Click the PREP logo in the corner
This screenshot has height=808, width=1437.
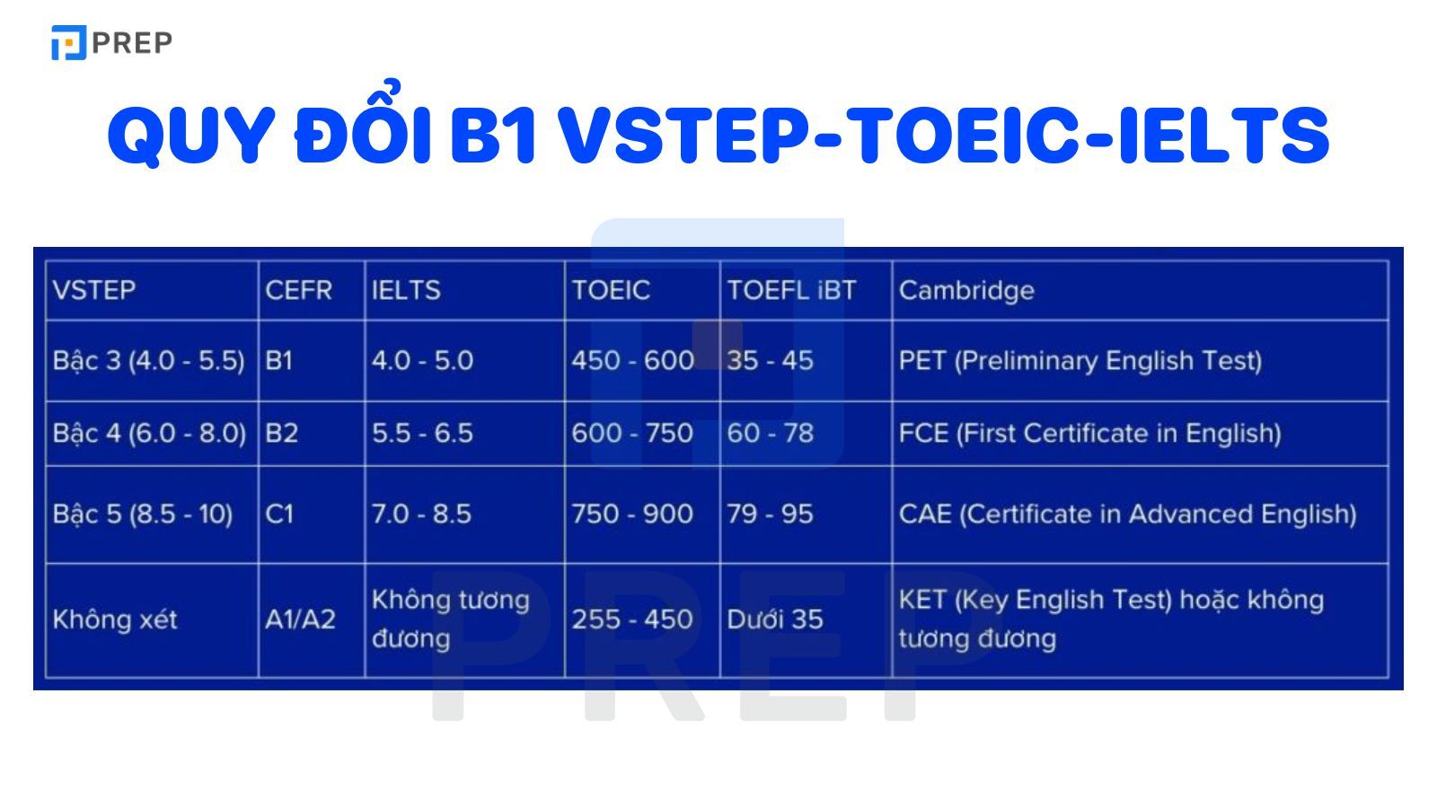111,42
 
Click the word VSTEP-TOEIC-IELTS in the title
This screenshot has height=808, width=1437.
942,136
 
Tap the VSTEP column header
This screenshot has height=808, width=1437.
94,290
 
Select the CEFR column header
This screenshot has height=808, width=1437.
298,290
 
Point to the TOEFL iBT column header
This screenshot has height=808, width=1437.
791,290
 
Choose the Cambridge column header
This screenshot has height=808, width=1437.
966,290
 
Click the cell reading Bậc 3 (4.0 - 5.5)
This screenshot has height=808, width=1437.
148,360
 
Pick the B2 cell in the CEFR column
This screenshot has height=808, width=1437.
281,433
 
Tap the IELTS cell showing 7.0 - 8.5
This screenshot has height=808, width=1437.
421,514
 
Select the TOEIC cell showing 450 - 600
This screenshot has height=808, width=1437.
632,360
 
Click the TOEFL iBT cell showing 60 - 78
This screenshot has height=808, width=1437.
770,433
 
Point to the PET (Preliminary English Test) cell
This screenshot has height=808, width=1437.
1080,360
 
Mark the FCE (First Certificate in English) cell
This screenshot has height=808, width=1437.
1089,433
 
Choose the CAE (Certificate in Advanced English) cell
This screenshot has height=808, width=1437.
1127,514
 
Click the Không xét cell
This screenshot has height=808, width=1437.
115,619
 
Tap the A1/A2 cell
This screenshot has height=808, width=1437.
300,619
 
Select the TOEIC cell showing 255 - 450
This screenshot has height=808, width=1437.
632,619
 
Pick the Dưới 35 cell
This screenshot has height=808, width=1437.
774,619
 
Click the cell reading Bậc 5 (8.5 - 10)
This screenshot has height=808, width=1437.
143,514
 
